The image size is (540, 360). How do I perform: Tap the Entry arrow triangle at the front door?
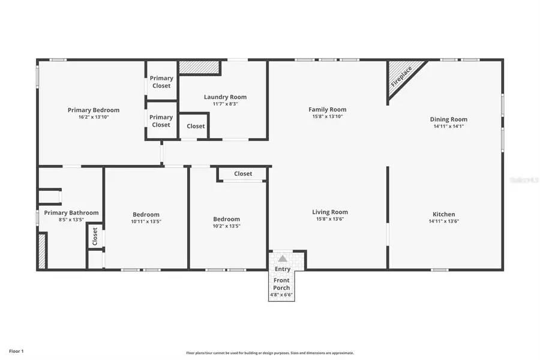coord(283,259)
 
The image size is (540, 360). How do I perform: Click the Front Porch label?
coord(282,284)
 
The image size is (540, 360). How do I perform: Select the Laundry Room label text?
coord(225,97)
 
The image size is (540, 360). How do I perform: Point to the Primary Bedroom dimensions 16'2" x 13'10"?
coord(93,117)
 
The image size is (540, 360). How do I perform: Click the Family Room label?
coord(328,109)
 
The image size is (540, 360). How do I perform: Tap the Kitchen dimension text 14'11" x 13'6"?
coord(444,221)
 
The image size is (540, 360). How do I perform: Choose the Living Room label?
coord(330,212)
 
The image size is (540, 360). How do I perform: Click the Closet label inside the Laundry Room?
coord(196,126)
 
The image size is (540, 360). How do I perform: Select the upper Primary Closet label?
coord(161,82)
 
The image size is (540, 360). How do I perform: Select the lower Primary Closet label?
coord(161,121)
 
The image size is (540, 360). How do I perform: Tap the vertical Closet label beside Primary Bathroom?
coord(94,236)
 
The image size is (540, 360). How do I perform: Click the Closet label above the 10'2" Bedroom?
coord(243,174)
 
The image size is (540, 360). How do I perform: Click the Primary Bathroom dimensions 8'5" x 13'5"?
coord(71,220)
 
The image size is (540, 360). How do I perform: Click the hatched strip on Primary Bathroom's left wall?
coord(42,251)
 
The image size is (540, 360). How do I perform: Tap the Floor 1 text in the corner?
coord(16,350)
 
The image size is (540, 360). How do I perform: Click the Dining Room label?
coord(448,119)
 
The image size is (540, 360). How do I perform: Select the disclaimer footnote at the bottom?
coord(269,353)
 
